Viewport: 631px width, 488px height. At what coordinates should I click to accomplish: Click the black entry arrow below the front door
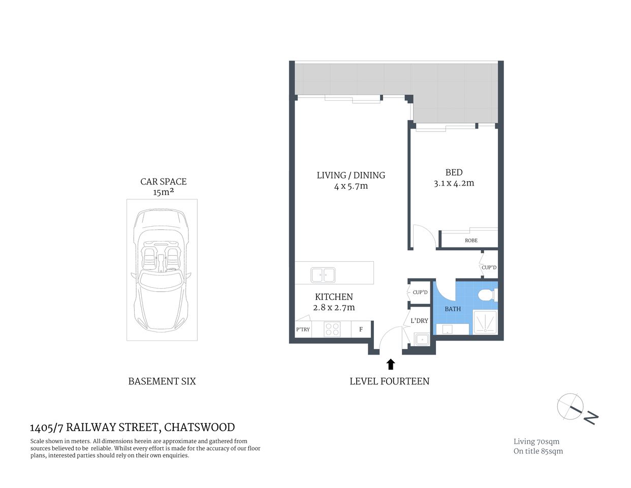pos(390,364)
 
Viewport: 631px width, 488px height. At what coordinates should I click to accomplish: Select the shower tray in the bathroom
pos(485,322)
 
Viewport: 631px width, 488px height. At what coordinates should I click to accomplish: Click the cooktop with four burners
pos(332,329)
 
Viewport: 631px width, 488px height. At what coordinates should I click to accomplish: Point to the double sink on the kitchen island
pos(323,275)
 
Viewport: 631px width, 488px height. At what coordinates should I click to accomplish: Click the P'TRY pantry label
pos(303,329)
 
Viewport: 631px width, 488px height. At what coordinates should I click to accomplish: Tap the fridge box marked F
pos(361,329)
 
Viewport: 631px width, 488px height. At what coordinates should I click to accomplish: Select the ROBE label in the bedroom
pos(471,240)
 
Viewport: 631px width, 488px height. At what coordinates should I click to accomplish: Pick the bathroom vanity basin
pos(447,329)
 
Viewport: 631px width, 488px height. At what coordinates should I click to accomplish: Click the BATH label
pos(453,309)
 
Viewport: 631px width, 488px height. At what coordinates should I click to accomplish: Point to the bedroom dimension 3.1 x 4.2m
pos(454,184)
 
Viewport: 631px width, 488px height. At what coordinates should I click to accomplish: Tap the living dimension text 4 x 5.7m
pos(351,186)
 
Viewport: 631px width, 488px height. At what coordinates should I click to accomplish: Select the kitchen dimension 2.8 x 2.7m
pos(334,308)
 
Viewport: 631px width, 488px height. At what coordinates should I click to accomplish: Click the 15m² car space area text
pos(163,192)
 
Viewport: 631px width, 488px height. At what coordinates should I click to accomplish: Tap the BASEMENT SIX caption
pos(162,381)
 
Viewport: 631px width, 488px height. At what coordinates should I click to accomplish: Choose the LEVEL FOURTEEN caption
pos(389,381)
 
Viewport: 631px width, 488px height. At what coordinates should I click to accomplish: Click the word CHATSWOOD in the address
pos(199,428)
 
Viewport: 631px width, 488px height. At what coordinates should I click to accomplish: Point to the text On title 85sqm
pos(538,451)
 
